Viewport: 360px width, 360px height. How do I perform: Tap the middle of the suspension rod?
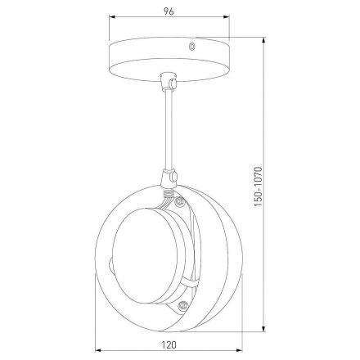169,131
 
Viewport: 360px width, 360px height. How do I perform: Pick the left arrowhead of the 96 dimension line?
110,23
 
